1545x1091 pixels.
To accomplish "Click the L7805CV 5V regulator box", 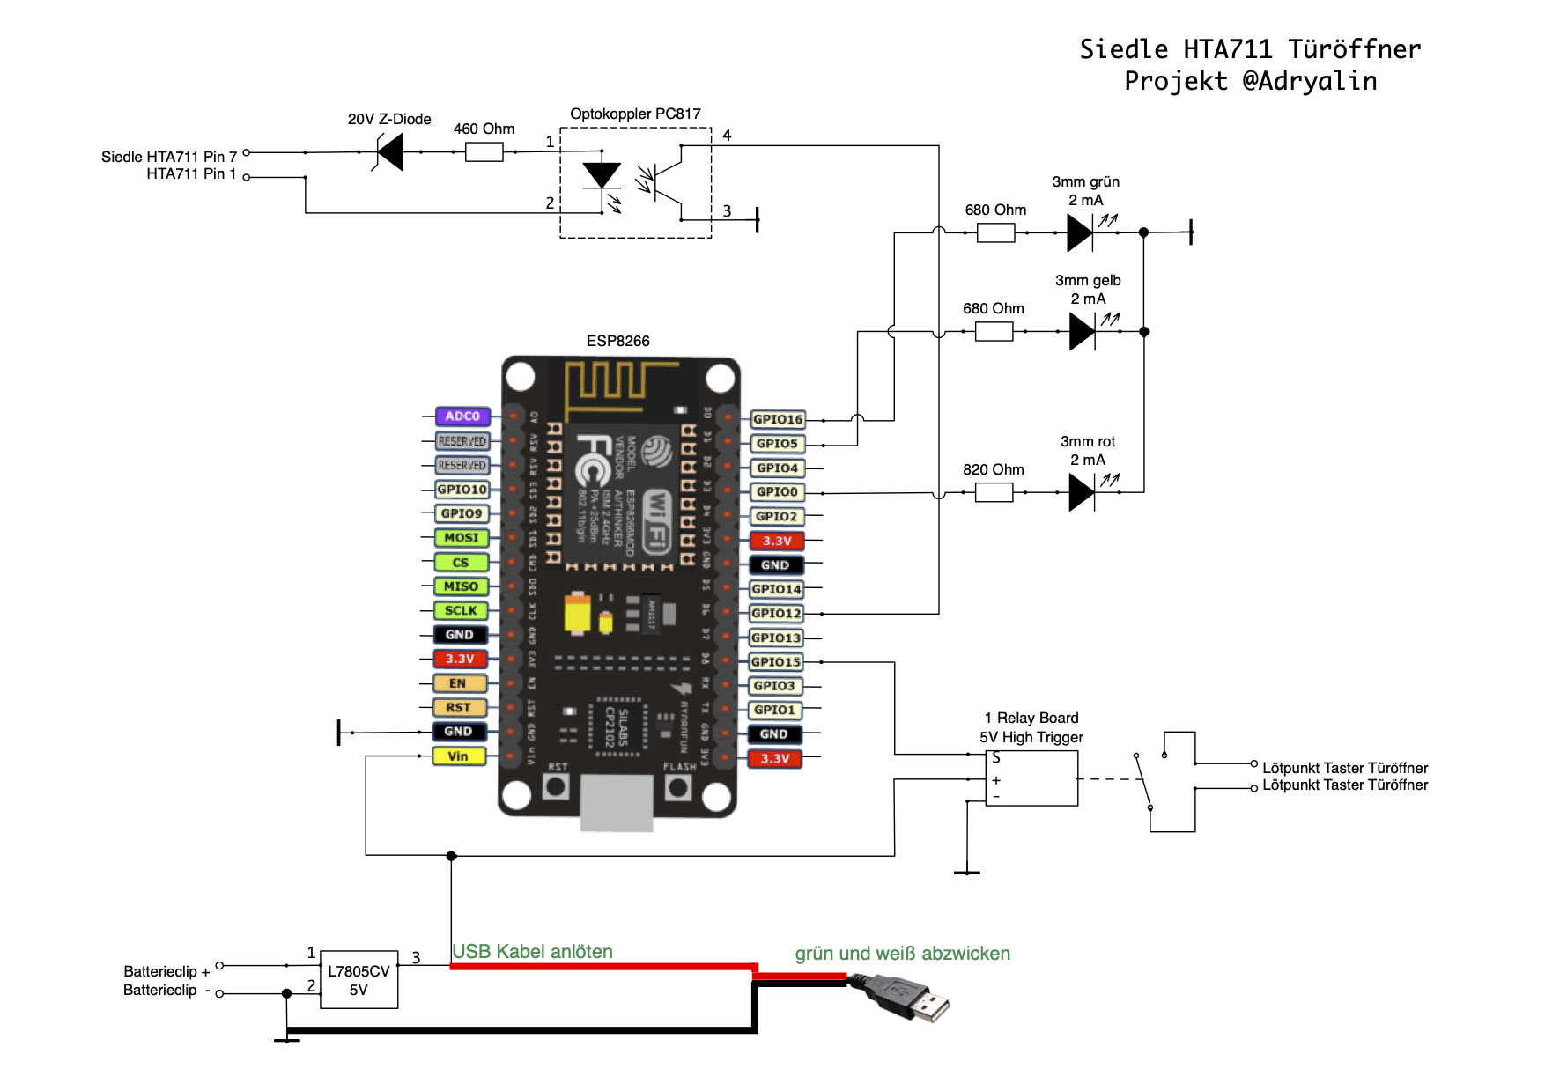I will (x=359, y=979).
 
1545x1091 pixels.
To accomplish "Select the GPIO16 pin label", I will (x=778, y=419).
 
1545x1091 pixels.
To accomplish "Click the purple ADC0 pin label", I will (x=462, y=416).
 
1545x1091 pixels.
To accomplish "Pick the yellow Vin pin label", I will (x=458, y=756).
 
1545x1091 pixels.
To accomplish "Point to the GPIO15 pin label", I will (x=776, y=661).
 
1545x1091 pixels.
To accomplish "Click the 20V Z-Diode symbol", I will (x=389, y=152).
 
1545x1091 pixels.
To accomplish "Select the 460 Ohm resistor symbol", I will (x=484, y=152).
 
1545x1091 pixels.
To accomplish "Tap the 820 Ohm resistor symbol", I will (x=994, y=492).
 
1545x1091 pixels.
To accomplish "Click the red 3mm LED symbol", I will (x=1082, y=492).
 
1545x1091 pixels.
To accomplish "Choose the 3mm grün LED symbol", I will (x=1080, y=233).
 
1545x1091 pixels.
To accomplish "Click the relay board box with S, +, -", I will (x=1031, y=778).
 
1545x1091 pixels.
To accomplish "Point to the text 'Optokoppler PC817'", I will (x=635, y=114).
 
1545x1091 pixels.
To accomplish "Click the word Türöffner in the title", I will (x=1354, y=49).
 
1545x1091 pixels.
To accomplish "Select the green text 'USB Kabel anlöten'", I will (x=532, y=951).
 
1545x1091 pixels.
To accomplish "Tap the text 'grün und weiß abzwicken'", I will (x=902, y=953).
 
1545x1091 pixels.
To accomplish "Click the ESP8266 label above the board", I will (x=617, y=341).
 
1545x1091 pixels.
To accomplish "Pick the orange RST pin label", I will (x=458, y=707).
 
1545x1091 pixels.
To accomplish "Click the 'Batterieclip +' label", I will (x=166, y=971).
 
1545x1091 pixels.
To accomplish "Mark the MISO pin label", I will (x=461, y=586).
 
